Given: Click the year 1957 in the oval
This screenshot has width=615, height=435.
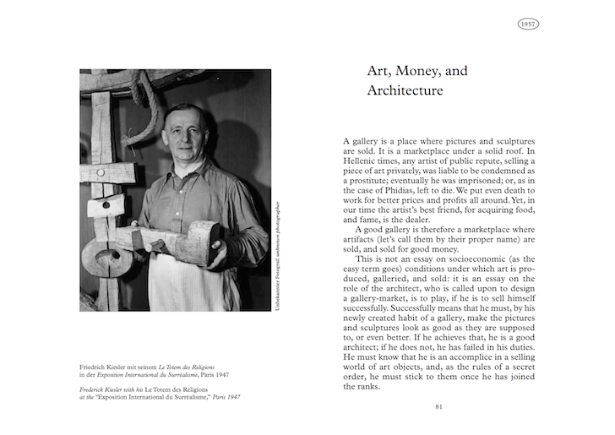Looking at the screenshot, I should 528,24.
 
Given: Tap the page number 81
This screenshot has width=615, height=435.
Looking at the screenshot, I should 439,406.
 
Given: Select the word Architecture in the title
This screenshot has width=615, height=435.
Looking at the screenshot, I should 405,90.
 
